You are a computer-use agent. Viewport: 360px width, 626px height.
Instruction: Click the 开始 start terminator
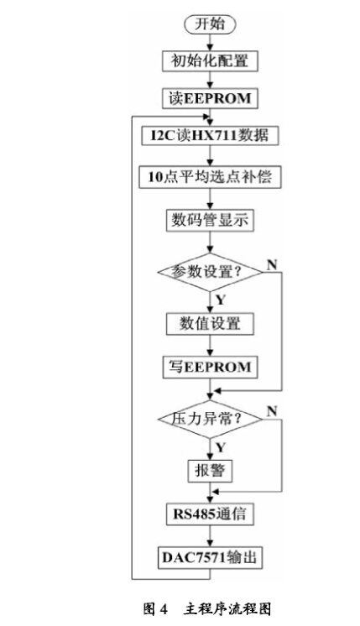pyautogui.click(x=210, y=24)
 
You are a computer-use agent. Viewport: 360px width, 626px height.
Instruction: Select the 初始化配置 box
pyautogui.click(x=210, y=61)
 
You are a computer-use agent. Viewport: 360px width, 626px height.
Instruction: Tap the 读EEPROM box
pyautogui.click(x=210, y=98)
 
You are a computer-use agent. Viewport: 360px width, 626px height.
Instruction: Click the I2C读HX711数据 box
pyautogui.click(x=210, y=135)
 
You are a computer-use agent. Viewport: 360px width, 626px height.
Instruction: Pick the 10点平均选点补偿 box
pyautogui.click(x=210, y=177)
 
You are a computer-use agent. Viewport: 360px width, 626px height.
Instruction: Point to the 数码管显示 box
pyautogui.click(x=210, y=220)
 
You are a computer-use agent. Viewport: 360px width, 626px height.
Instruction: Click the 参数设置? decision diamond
pyautogui.click(x=210, y=272)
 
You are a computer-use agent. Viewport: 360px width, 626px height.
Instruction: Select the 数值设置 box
pyautogui.click(x=210, y=323)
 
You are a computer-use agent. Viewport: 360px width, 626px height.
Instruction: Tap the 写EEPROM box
pyautogui.click(x=210, y=368)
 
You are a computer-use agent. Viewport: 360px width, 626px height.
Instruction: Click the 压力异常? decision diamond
pyautogui.click(x=210, y=420)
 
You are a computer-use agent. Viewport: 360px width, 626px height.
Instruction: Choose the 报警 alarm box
pyautogui.click(x=210, y=471)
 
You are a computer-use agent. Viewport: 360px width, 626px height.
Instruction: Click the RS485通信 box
pyautogui.click(x=210, y=514)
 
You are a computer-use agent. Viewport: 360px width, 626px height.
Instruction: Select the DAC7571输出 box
pyautogui.click(x=210, y=557)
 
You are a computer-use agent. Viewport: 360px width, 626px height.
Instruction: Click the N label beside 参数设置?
pyautogui.click(x=272, y=264)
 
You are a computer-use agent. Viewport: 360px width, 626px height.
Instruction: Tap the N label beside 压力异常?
pyautogui.click(x=272, y=411)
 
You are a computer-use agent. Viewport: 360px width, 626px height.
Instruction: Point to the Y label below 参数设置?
pyautogui.click(x=221, y=300)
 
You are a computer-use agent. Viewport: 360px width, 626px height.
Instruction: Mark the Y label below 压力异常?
pyautogui.click(x=221, y=447)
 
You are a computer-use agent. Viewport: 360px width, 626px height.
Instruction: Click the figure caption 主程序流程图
pyautogui.click(x=227, y=609)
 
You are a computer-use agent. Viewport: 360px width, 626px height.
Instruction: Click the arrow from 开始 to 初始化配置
pyautogui.click(x=210, y=42)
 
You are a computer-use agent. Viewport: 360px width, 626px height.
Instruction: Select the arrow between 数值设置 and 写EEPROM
pyautogui.click(x=210, y=346)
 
